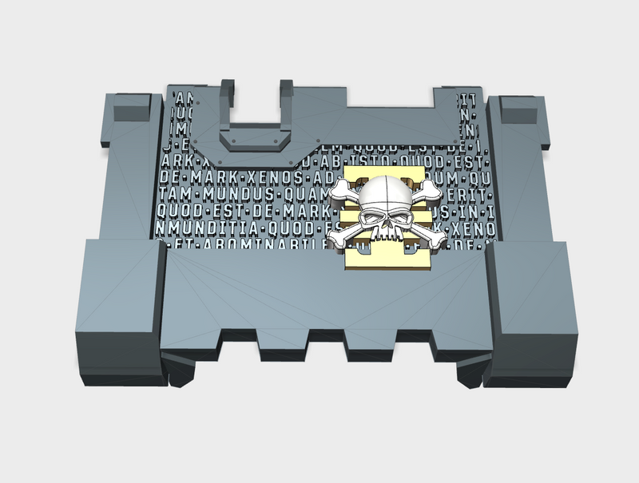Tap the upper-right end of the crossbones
coord(432,188)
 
